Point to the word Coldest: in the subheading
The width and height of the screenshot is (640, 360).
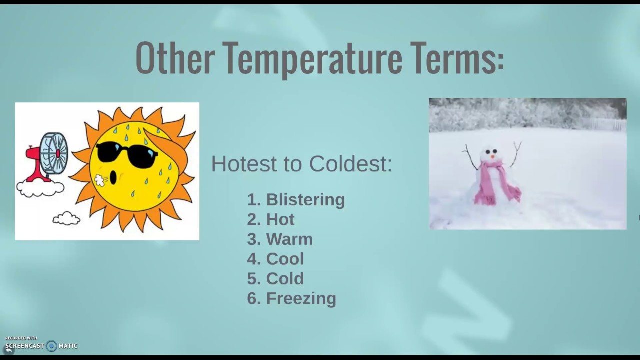(x=350, y=164)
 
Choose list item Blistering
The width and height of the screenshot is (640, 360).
(x=305, y=200)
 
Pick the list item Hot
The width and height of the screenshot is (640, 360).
(x=280, y=219)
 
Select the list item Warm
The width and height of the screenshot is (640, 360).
(x=289, y=239)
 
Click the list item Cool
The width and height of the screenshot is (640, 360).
(x=285, y=259)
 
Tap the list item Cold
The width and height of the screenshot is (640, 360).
(x=285, y=278)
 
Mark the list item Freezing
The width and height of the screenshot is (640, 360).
(x=301, y=298)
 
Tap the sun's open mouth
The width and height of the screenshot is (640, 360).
(x=113, y=177)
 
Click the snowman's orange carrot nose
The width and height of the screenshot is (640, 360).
(x=492, y=156)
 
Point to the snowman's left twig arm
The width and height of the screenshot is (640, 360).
(x=470, y=157)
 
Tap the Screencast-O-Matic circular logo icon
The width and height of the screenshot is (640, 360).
(x=51, y=346)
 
